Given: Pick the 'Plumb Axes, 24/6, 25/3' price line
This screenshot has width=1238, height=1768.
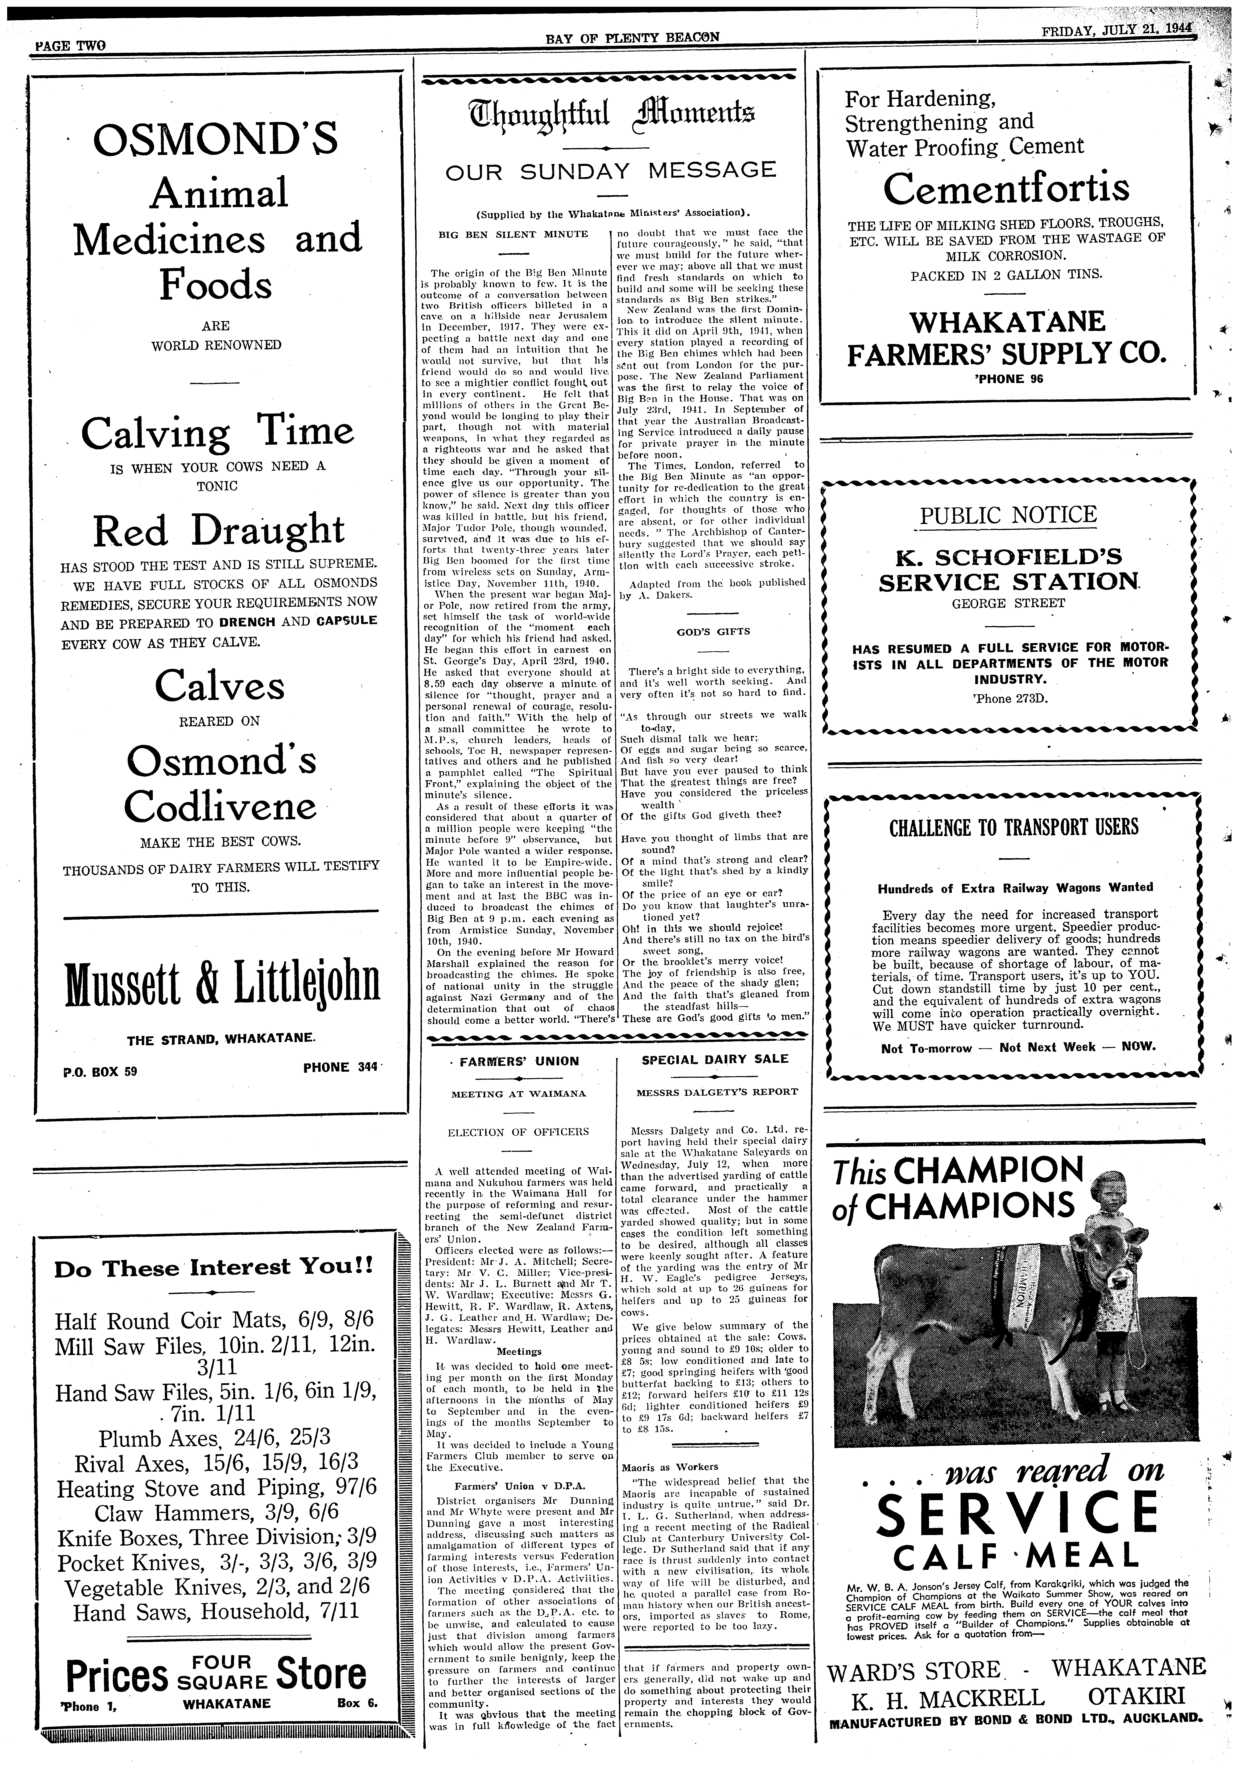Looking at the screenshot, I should (x=214, y=1439).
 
